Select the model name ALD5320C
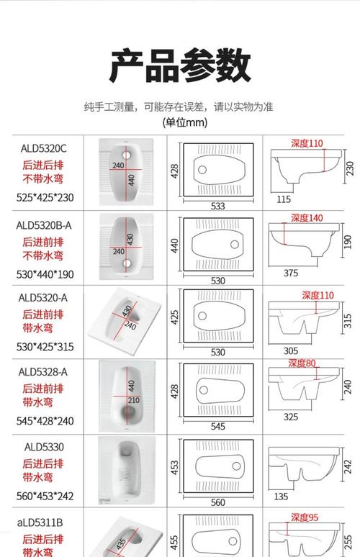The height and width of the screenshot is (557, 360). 43,148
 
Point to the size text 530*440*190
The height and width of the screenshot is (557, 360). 45,273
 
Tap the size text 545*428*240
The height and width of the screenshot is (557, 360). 45,421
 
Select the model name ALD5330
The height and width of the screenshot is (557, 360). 43,447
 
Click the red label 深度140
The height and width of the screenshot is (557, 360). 307,218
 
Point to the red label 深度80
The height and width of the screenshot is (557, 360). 302,363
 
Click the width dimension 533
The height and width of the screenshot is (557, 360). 218,206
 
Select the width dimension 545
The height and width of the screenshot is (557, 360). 218,425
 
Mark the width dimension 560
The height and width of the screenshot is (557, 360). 218,502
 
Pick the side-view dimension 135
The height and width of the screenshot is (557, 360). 282,497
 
